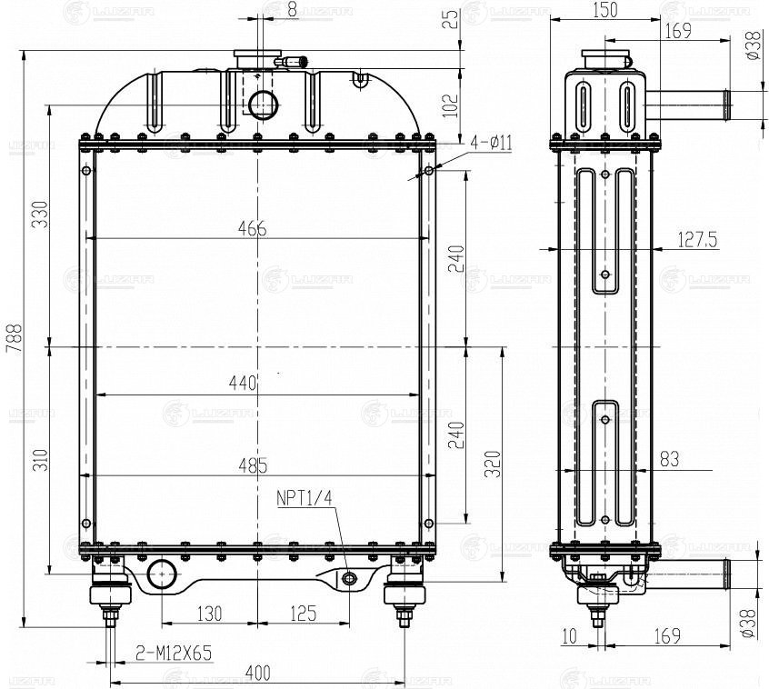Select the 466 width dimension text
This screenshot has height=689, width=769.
tap(253, 228)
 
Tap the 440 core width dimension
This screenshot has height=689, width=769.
tap(244, 383)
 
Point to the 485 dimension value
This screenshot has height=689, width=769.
tap(253, 465)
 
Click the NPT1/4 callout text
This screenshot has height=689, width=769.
tap(305, 499)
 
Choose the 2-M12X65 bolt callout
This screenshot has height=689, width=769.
tap(174, 653)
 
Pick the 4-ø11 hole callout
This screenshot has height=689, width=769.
tap(492, 144)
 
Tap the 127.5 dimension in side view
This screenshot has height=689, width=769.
tap(697, 240)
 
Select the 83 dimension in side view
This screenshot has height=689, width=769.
tap(669, 459)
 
